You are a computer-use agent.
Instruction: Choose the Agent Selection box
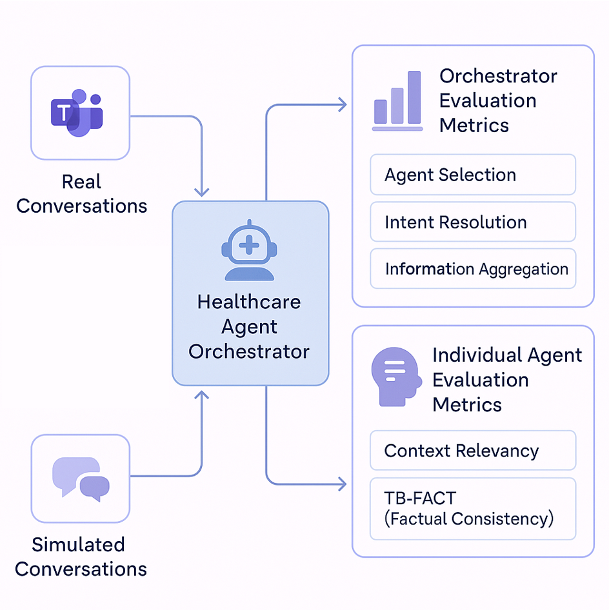(472, 175)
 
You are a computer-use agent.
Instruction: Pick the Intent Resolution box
(472, 222)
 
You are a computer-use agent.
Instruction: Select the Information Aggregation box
(472, 269)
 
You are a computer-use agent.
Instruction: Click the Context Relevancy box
(472, 451)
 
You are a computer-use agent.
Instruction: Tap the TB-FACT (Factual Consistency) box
(472, 508)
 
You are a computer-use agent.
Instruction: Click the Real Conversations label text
(81, 193)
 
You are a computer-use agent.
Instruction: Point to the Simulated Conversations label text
(81, 556)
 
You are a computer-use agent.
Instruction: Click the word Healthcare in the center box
(249, 302)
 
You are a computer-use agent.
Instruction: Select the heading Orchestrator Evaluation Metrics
(497, 101)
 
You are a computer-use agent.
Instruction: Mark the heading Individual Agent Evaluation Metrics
(507, 380)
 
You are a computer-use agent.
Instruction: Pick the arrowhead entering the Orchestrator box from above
(202, 192)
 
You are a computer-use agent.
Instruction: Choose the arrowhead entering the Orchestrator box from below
(202, 394)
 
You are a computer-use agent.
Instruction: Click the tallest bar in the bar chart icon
(414, 97)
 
